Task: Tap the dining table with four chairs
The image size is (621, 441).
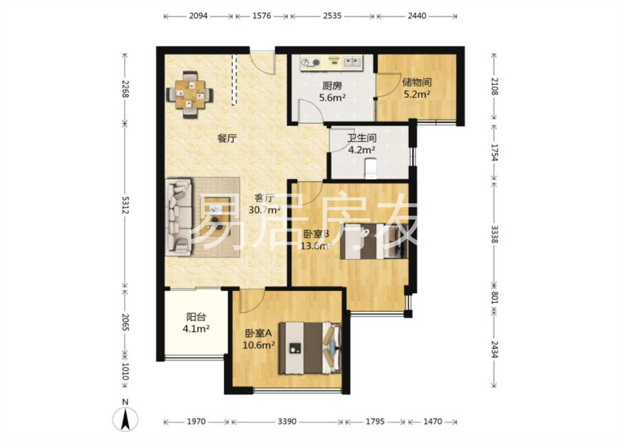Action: pos(190,95)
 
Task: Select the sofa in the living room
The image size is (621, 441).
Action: pos(179,216)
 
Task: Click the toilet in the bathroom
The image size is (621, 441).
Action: pos(371,169)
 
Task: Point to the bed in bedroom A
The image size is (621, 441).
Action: pos(310,348)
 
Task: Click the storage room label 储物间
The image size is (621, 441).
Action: pos(417,82)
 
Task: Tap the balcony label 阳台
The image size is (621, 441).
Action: pos(196,317)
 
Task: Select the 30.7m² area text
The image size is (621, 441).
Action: pos(264,210)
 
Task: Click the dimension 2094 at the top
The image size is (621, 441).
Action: pos(198,16)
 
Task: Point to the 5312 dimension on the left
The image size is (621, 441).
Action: pos(125,205)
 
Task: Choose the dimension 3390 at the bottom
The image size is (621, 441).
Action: pos(287,421)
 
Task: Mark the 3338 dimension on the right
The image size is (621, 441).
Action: pos(494,234)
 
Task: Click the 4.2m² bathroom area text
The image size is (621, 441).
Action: pos(362,150)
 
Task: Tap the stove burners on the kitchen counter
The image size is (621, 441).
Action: pos(310,63)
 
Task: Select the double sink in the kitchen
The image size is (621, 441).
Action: pos(352,61)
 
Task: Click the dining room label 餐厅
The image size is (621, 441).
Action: pos(227,138)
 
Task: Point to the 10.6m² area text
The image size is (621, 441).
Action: pos(259,345)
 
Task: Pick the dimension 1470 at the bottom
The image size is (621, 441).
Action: pos(432,421)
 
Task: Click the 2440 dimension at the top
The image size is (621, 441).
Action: pos(417,16)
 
